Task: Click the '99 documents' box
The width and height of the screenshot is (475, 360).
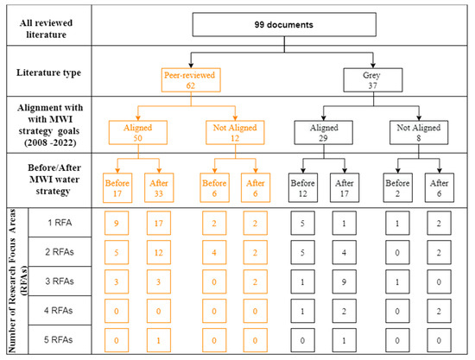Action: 284,24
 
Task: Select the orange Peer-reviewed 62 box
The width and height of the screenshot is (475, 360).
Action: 191,80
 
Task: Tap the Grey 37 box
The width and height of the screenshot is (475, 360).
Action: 372,80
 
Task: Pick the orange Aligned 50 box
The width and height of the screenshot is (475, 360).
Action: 138,133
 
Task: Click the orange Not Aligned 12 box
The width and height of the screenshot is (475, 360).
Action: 235,133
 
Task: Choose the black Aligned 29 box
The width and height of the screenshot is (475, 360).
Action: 324,133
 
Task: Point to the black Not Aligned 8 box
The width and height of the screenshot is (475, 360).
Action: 419,133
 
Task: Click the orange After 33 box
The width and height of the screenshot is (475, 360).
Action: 159,187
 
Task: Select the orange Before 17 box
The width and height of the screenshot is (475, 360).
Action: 117,187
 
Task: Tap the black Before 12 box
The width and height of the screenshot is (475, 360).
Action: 303,187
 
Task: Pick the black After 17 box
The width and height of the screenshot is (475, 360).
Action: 345,187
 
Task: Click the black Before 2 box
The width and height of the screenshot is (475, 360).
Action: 398,187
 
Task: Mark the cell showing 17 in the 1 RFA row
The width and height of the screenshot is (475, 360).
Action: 159,223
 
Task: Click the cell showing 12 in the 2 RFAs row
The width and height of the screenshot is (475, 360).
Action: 159,252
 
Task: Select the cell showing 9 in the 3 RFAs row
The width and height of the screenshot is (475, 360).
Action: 344,282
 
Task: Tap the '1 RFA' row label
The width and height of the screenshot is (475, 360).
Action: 60,223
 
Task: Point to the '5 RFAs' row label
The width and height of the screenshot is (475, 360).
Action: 59,340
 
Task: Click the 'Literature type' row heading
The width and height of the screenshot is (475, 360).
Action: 48,73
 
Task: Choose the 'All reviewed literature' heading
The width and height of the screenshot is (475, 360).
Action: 46,28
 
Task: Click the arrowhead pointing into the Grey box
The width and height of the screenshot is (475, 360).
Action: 373,66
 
